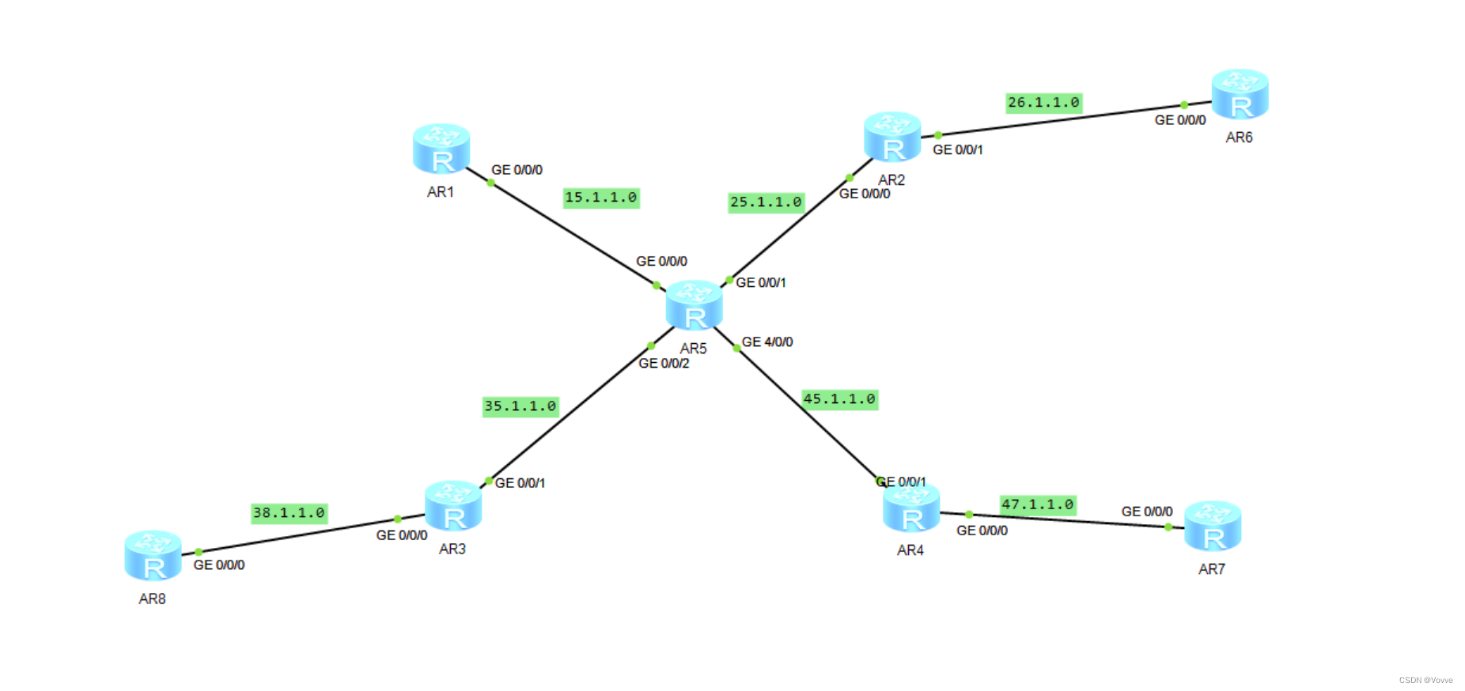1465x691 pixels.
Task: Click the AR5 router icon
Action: pos(694,305)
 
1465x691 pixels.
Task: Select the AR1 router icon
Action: pos(441,149)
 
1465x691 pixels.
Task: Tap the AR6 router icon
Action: pos(1240,94)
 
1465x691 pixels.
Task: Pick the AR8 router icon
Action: pos(153,555)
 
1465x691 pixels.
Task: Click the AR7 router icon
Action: pos(1213,527)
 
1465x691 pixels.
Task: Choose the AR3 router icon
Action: pos(453,506)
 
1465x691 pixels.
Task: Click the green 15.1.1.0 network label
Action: pos(601,198)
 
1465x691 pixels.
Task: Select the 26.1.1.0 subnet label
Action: pos(1043,103)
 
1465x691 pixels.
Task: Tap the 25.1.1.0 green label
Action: pos(766,202)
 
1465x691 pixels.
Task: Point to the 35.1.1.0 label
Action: pos(521,406)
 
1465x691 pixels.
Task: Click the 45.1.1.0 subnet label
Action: pos(839,399)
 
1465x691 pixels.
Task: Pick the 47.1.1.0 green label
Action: pos(1038,504)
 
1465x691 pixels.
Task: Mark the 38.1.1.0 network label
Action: pos(289,513)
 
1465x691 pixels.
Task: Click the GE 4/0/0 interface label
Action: pos(767,342)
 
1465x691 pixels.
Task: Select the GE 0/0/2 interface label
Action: pos(664,364)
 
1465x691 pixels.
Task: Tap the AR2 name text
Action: pos(891,180)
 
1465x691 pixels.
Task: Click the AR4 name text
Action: pos(910,550)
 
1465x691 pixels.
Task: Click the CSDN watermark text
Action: pos(1425,680)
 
